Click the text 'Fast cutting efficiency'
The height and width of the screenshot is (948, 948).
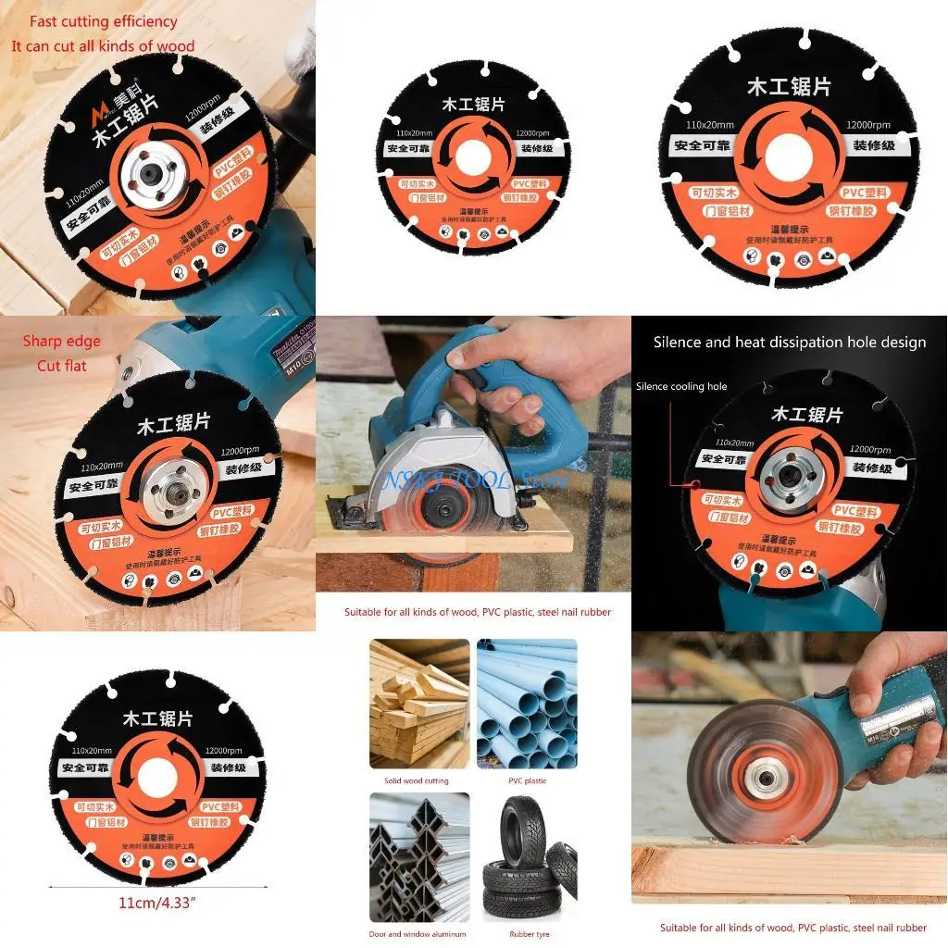(103, 21)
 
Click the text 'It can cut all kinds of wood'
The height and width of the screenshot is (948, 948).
(103, 45)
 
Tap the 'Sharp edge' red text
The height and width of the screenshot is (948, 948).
(62, 342)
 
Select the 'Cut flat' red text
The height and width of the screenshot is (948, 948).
(62, 366)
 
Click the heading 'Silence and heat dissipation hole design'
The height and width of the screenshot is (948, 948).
(789, 343)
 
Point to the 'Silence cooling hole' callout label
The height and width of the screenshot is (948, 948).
(680, 386)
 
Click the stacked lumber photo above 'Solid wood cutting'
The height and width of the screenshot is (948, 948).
(419, 703)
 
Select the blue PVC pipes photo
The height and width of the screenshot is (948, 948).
(527, 703)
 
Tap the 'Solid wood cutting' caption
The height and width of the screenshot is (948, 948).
(416, 780)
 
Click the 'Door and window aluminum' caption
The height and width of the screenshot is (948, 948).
(418, 934)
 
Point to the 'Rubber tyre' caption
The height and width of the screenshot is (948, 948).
(530, 934)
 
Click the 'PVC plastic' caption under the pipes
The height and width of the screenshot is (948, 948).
(527, 780)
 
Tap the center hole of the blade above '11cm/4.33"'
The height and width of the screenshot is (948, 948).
(157, 770)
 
